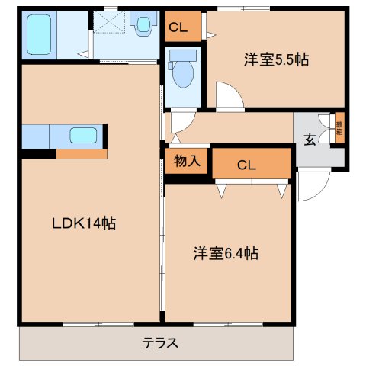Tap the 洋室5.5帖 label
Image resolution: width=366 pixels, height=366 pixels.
click(276, 59)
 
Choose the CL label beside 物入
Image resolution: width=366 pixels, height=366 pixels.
click(245, 165)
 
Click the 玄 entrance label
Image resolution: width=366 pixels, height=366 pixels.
click(311, 139)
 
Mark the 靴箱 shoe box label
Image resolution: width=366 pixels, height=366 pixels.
click(339, 127)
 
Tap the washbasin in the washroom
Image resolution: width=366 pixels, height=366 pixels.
click(141, 26)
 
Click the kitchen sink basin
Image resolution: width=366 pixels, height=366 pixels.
click(82, 136)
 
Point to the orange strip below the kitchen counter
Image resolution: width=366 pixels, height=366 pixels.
click(81, 154)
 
